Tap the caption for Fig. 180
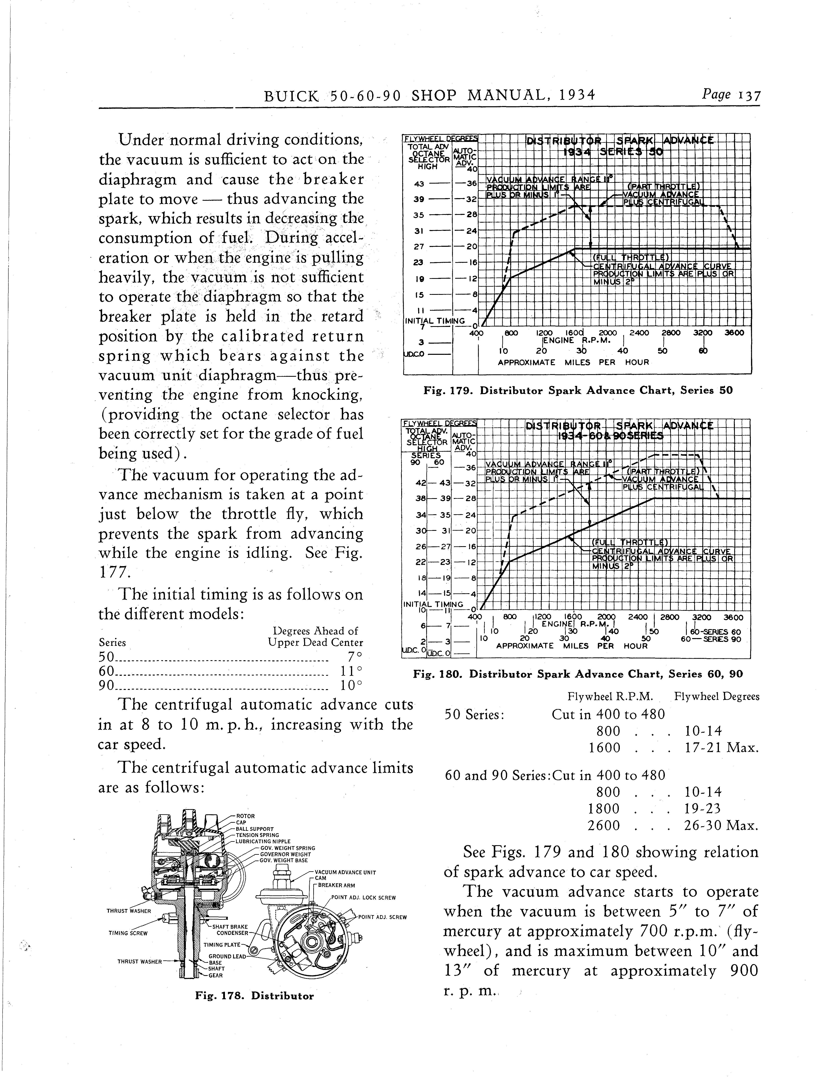coord(578,674)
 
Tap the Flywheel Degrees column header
coord(717,697)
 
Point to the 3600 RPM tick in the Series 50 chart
coord(734,333)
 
